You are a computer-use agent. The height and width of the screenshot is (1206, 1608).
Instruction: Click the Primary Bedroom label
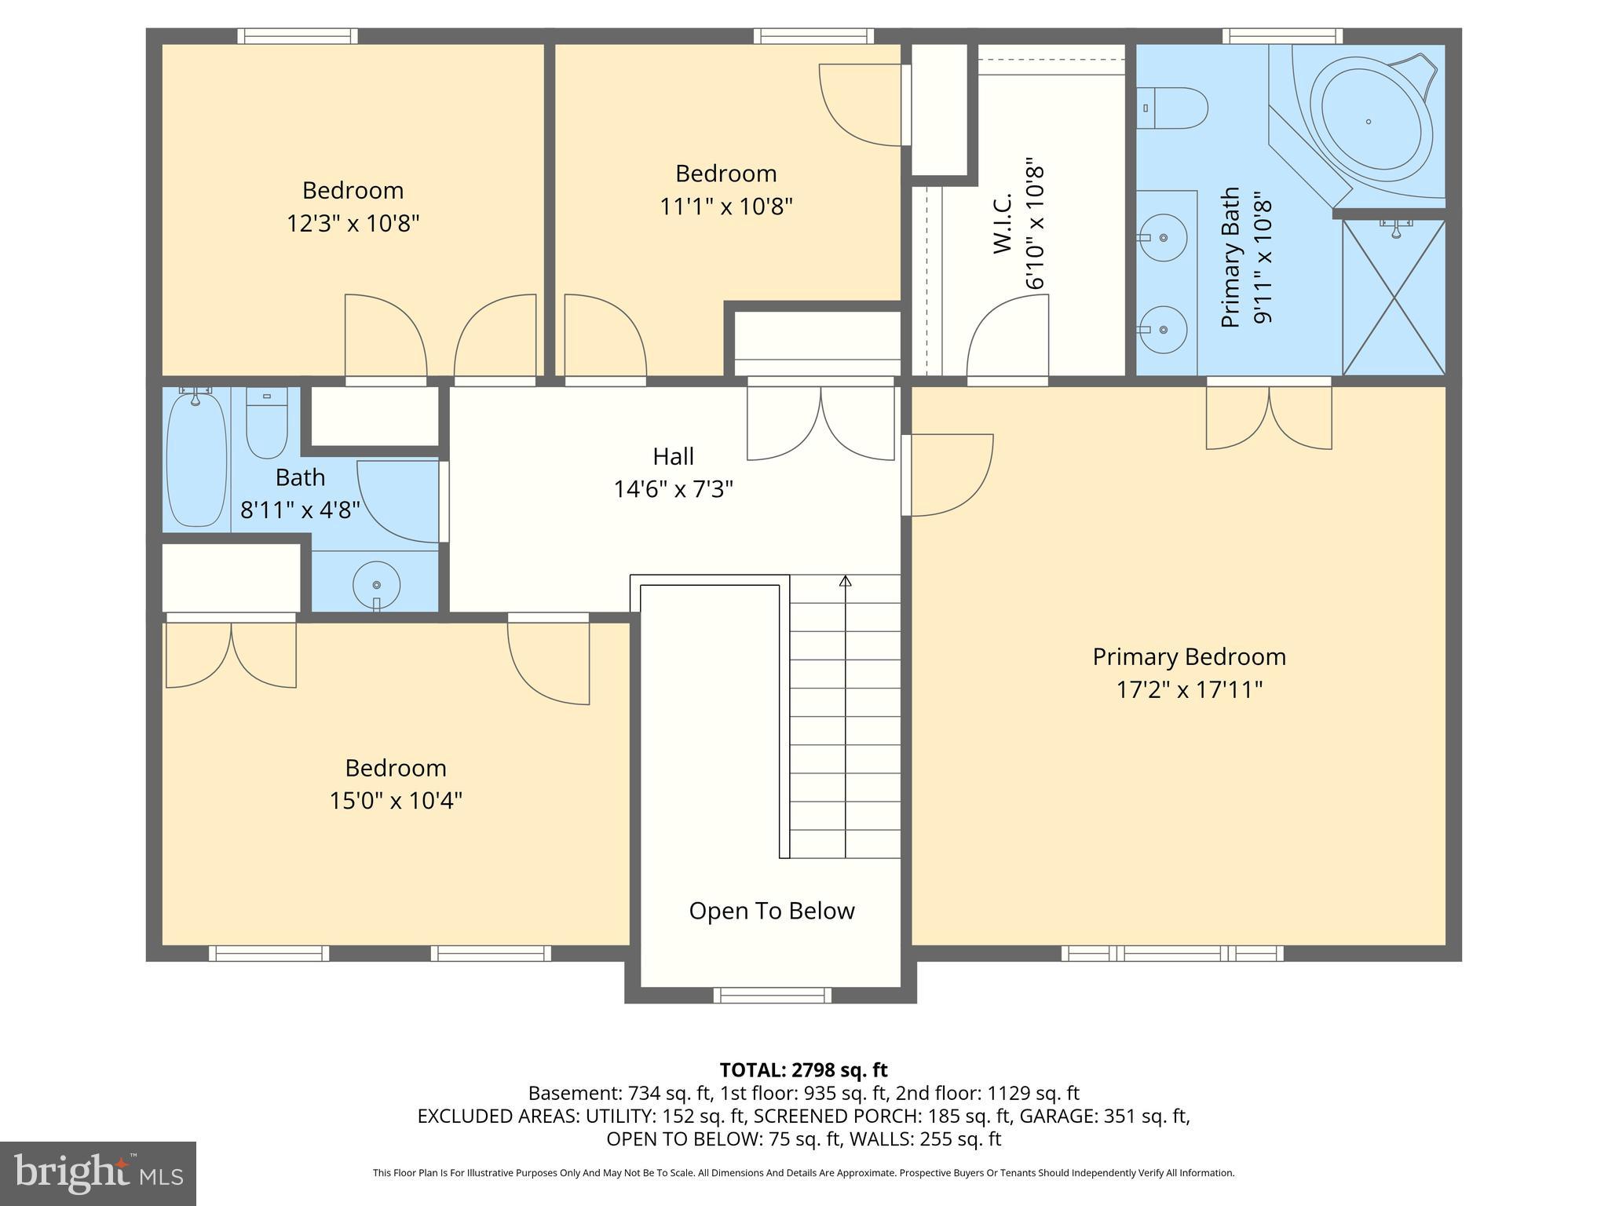(1189, 656)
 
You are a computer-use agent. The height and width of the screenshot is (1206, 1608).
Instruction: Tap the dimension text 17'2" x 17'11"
(1189, 690)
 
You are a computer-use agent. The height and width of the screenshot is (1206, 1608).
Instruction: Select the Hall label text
(673, 456)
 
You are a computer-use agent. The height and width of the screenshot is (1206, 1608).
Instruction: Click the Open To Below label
(771, 911)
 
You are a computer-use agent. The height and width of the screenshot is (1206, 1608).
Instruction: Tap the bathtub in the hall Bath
(196, 459)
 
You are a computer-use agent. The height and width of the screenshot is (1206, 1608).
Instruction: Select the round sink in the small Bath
(377, 585)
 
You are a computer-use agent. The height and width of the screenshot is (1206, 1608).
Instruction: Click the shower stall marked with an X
(1394, 298)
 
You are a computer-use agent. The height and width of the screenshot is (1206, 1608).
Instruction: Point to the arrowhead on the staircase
(846, 582)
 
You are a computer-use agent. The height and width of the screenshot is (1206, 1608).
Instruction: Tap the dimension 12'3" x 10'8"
(353, 224)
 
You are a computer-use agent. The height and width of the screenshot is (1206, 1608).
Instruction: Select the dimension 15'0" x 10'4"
(395, 801)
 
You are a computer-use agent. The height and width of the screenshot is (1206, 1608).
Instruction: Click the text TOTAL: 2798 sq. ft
(803, 1069)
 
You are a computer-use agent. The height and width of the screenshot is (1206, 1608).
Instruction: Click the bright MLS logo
(98, 1173)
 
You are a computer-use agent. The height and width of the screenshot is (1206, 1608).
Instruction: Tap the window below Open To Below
(772, 995)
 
